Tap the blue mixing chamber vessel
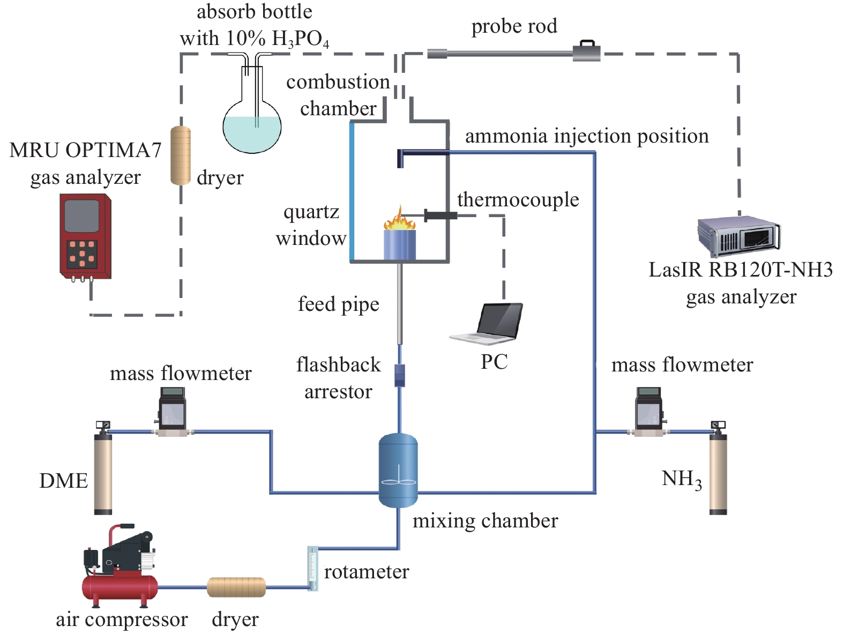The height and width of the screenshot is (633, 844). pyautogui.click(x=398, y=471)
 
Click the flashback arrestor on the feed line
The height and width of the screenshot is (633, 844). pyautogui.click(x=400, y=375)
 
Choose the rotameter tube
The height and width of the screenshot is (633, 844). pyautogui.click(x=312, y=568)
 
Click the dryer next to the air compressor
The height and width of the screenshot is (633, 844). pyautogui.click(x=236, y=587)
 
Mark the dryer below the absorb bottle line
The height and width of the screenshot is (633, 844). pyautogui.click(x=181, y=155)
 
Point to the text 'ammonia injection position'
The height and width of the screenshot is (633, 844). pyautogui.click(x=587, y=136)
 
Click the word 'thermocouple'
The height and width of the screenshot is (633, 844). pyautogui.click(x=518, y=200)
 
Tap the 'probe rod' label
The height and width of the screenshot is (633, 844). pyautogui.click(x=514, y=26)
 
